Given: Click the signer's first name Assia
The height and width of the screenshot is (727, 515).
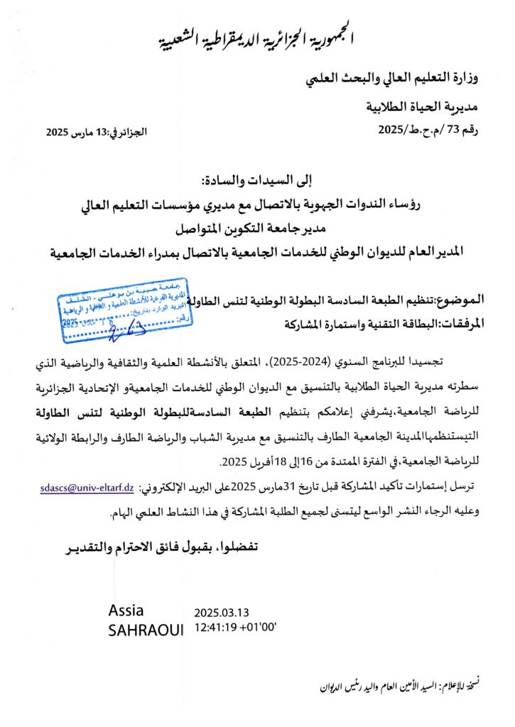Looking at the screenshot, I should click(x=126, y=611).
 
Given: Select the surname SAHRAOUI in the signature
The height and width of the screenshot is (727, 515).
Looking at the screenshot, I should click(x=146, y=630).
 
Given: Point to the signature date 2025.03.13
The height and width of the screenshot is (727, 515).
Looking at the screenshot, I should click(x=222, y=613).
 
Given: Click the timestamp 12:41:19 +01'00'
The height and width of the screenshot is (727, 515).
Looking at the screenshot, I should click(x=235, y=628).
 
